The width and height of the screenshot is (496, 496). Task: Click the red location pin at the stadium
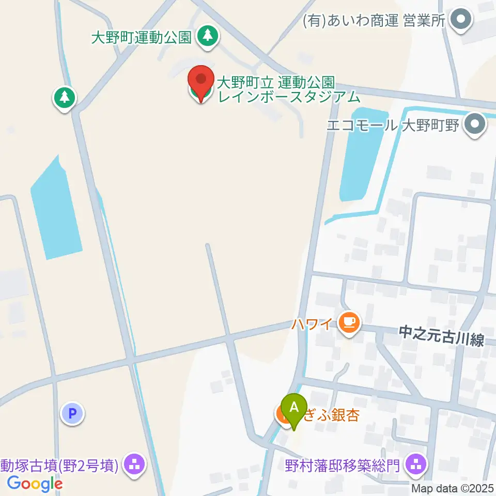pyautogui.click(x=200, y=81)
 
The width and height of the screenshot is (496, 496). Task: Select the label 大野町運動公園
pyautogui.click(x=142, y=37)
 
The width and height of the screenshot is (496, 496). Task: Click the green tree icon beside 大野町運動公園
pyautogui.click(x=207, y=36)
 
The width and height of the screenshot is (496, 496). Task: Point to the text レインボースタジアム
pyautogui.click(x=288, y=96)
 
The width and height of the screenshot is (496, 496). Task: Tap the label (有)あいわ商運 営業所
pyautogui.click(x=374, y=21)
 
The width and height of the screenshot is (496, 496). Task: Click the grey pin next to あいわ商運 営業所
pyautogui.click(x=461, y=20)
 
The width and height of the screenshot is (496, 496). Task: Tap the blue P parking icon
pyautogui.click(x=73, y=413)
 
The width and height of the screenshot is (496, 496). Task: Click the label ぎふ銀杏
pyautogui.click(x=330, y=415)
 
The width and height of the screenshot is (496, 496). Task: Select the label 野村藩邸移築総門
pyautogui.click(x=343, y=466)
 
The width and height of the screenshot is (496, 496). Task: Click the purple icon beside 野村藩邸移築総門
pyautogui.click(x=416, y=464)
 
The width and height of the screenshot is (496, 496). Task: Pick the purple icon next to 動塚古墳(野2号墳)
pyautogui.click(x=134, y=464)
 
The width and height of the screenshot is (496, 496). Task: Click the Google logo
pyautogui.click(x=35, y=484)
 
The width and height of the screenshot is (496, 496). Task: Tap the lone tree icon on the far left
pyautogui.click(x=65, y=97)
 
